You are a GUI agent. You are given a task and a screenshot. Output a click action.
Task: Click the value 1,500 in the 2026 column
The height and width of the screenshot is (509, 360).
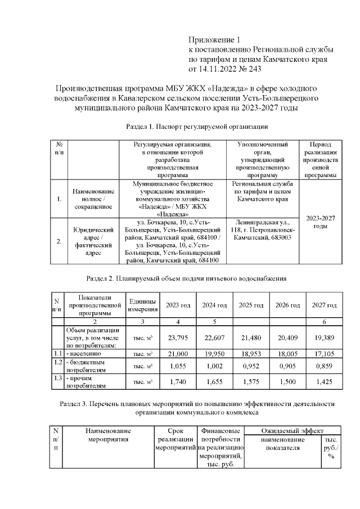pos(287,381)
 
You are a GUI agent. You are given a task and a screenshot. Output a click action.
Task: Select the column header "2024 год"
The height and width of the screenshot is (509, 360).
pos(214,305)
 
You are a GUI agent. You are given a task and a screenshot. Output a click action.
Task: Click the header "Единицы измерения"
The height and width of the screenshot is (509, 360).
pos(142,305)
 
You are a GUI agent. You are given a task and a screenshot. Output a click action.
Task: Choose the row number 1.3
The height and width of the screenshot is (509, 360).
pos(57,378)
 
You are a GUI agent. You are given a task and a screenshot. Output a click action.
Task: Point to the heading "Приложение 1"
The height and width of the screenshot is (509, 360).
pos(213,39)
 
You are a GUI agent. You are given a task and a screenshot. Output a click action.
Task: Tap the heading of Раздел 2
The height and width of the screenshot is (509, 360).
pos(186,278)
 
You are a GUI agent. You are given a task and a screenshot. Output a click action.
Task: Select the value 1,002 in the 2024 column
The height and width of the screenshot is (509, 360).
pos(214,365)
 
